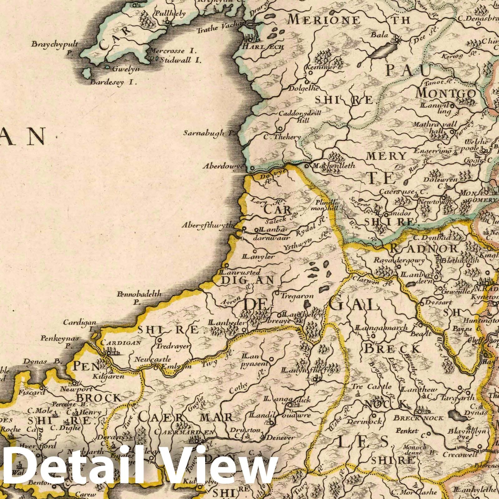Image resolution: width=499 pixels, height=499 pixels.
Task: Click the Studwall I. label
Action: click(x=179, y=60)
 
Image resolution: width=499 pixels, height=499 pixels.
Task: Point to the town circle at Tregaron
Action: click(x=277, y=293)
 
